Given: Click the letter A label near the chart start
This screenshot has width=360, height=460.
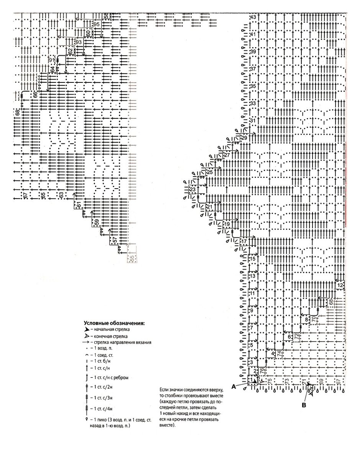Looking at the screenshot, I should (234, 386).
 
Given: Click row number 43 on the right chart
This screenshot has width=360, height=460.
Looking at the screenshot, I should (253, 18).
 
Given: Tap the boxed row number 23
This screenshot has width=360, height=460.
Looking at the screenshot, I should (192, 190).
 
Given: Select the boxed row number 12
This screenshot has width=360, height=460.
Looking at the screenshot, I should (340, 285).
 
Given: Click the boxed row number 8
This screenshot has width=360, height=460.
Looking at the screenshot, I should (306, 319).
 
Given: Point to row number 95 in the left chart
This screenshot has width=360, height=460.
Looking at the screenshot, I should (96, 24).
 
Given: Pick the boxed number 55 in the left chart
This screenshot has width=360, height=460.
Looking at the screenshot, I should (133, 258).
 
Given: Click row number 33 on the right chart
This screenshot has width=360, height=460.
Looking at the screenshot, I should (253, 104).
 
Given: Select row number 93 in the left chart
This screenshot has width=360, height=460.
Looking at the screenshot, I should (79, 41).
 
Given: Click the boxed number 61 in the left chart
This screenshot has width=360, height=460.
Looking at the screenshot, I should (79, 205).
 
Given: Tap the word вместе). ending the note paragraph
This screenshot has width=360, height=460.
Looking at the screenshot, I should (166, 425).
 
